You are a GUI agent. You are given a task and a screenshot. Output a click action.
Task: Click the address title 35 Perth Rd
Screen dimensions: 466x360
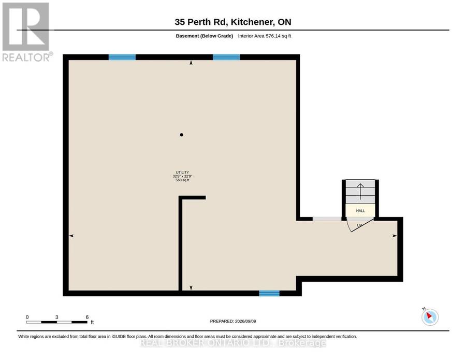coord(201,22)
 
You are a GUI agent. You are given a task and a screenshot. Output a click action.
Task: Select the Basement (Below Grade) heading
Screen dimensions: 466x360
coord(204,36)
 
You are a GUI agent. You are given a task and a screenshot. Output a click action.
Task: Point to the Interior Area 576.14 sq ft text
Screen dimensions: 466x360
coord(265,36)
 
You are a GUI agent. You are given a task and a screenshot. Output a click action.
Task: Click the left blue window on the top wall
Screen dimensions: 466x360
coord(122,57)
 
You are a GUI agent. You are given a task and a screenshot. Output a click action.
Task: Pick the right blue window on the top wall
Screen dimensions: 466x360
coord(226,57)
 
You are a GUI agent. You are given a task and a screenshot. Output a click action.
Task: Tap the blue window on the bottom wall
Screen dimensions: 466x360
coord(269,293)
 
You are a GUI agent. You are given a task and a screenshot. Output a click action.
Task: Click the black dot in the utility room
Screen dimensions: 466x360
coord(182,135)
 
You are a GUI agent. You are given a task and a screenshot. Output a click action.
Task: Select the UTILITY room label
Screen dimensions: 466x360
coord(182,172)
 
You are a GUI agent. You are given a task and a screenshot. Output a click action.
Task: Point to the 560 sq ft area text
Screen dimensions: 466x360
coord(182,180)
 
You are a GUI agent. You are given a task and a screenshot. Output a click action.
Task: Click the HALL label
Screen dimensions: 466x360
coord(360,211)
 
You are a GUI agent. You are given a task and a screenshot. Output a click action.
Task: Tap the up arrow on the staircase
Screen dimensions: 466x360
coord(360,192)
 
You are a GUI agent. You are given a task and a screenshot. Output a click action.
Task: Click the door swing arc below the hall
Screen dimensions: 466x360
coord(348,226)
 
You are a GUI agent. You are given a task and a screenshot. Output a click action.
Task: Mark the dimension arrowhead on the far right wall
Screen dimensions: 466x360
coord(395,236)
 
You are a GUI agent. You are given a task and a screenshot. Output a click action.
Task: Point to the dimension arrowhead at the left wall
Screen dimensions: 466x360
coord(71,236)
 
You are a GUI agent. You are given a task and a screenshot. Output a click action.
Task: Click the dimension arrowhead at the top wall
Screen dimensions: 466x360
coord(191,63)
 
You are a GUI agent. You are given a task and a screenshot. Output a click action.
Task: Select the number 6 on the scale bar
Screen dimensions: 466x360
coord(87,317)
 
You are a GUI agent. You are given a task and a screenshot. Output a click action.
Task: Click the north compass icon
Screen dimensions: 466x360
coord(430,317)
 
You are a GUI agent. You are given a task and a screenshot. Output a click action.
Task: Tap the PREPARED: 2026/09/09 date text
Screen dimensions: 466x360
coord(233,321)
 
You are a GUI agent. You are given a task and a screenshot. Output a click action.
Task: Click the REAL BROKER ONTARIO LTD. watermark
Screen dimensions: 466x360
coord(233,343)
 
